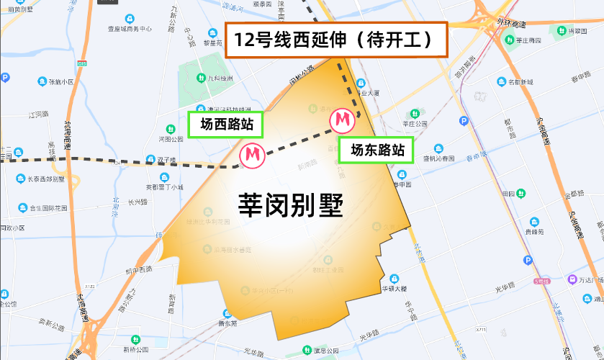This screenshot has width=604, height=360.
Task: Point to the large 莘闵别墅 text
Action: pyautogui.click(x=290, y=207)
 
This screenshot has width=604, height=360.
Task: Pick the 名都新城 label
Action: pyautogui.click(x=520, y=82)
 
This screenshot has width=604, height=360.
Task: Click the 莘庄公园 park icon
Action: pyautogui.click(x=414, y=114)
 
